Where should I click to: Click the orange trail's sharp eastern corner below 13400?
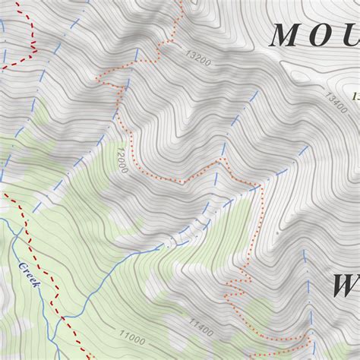coord(260,185)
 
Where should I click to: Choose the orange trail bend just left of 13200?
coord(158,53)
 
